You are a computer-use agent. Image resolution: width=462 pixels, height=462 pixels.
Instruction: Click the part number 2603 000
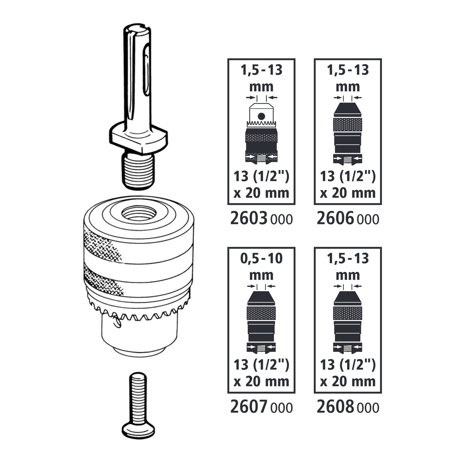pyautogui.click(x=261, y=219)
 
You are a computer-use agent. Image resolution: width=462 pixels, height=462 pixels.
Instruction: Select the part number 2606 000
pyautogui.click(x=347, y=219)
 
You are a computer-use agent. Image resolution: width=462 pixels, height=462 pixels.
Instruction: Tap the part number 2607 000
pyautogui.click(x=261, y=408)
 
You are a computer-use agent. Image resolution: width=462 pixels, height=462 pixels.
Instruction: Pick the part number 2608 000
pyautogui.click(x=347, y=408)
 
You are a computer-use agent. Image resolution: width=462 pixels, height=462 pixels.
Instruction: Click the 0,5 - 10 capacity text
pyautogui.click(x=261, y=258)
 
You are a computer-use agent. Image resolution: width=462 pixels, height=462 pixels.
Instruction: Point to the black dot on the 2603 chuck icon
pyautogui.click(x=261, y=116)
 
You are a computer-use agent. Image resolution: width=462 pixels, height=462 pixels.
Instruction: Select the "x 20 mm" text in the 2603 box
pyautogui.click(x=261, y=193)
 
